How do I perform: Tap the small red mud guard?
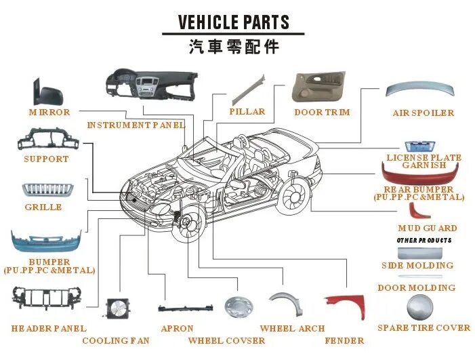[418, 211]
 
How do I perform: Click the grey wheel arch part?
[287, 303]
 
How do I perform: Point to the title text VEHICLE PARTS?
[233, 22]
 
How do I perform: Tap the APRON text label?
[178, 329]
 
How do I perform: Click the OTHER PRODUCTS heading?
[424, 241]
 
